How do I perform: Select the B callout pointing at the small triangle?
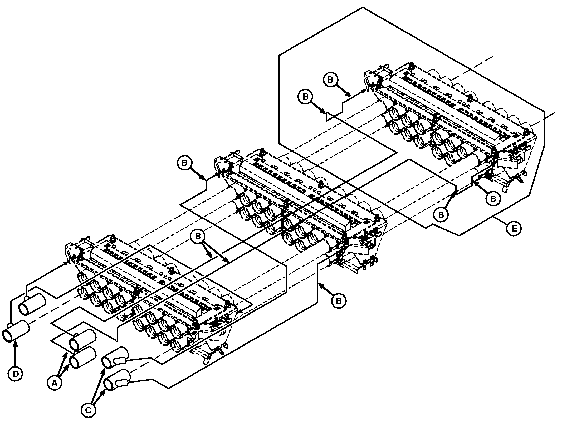pyautogui.click(x=305, y=97)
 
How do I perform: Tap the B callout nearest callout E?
pyautogui.click(x=441, y=215)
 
